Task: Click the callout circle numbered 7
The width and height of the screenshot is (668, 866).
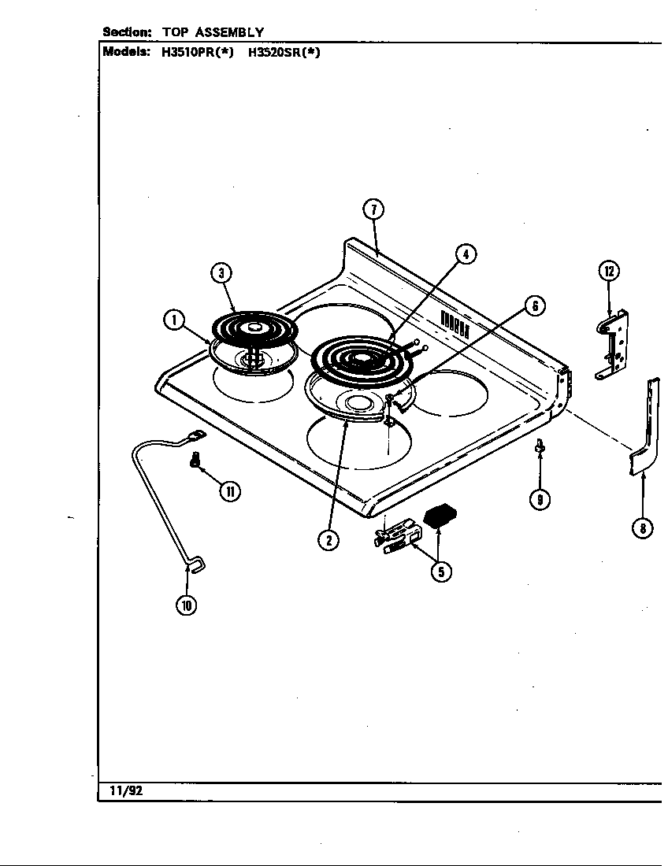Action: coord(373,209)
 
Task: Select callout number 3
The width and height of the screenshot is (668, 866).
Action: coord(222,273)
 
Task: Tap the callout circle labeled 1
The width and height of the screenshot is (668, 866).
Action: coord(173,320)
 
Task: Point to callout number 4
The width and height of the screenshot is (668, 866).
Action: coord(466,254)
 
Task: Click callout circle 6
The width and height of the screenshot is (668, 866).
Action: coord(534,306)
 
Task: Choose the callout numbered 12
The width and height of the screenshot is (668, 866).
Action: coord(608,272)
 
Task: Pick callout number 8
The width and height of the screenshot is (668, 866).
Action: coord(643,528)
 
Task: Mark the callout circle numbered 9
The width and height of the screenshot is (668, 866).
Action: coord(540,498)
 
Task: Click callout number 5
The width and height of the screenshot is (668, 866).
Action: coord(440,572)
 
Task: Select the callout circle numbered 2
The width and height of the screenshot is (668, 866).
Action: coord(328,540)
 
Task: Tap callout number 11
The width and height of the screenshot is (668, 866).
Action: coord(229,491)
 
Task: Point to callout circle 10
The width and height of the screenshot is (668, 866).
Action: coord(187,605)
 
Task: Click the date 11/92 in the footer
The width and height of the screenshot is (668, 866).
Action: coord(117,790)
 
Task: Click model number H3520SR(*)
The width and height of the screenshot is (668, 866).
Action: coord(284,54)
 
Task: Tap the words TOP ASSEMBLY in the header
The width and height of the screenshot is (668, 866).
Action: coord(213,32)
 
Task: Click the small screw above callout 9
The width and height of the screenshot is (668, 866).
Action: coord(539,446)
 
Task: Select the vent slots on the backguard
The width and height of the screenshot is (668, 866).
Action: coord(455,322)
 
